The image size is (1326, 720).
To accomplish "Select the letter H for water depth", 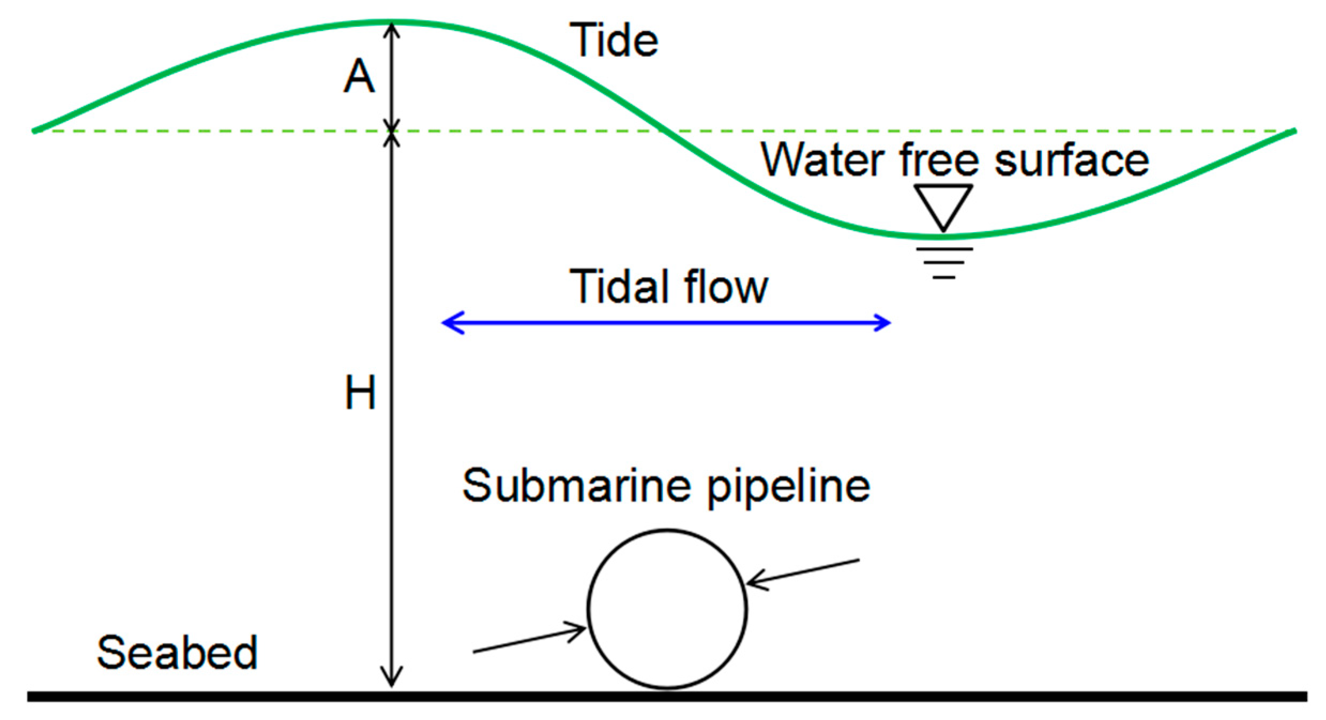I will [360, 393].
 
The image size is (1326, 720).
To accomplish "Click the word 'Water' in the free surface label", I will [823, 159].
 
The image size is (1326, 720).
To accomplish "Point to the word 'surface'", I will [1071, 159].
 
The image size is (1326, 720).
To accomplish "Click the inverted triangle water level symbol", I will [943, 206].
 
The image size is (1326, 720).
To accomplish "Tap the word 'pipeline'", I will [789, 487].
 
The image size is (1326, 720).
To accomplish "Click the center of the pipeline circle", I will [667, 609].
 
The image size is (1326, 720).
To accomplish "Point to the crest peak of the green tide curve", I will [392, 22].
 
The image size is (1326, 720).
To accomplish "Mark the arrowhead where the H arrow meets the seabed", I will [392, 680].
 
